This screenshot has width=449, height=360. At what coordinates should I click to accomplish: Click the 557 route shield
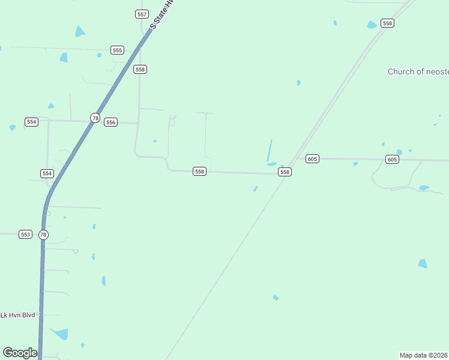(x=142, y=14)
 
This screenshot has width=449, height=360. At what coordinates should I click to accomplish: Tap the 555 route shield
(x=117, y=50)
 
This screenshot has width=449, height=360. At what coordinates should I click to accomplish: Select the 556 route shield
(x=110, y=122)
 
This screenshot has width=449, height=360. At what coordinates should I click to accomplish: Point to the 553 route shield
(x=25, y=234)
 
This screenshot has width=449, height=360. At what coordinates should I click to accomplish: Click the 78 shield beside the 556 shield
(x=95, y=118)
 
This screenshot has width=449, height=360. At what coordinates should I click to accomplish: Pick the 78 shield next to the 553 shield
(x=43, y=235)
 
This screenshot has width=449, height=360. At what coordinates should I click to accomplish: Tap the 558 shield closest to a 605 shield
(x=285, y=172)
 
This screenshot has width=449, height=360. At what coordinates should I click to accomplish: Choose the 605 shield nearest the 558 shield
(x=312, y=158)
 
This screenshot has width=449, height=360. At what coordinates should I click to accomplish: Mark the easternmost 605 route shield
(x=392, y=159)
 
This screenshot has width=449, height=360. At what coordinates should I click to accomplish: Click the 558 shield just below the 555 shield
(x=140, y=70)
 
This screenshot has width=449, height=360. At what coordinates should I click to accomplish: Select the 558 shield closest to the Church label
(x=387, y=23)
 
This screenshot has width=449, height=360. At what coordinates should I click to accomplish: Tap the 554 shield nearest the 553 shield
(x=47, y=173)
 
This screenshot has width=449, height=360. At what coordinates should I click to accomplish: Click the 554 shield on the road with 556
(x=32, y=122)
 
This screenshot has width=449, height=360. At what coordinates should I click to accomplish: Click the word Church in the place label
(x=401, y=71)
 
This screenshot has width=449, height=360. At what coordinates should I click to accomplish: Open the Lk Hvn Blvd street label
(x=19, y=315)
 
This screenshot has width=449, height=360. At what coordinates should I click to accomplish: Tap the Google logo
(x=20, y=352)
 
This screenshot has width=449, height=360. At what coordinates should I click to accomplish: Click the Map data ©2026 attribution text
(x=424, y=355)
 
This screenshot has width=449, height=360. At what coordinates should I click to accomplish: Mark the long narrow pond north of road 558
(x=270, y=150)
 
